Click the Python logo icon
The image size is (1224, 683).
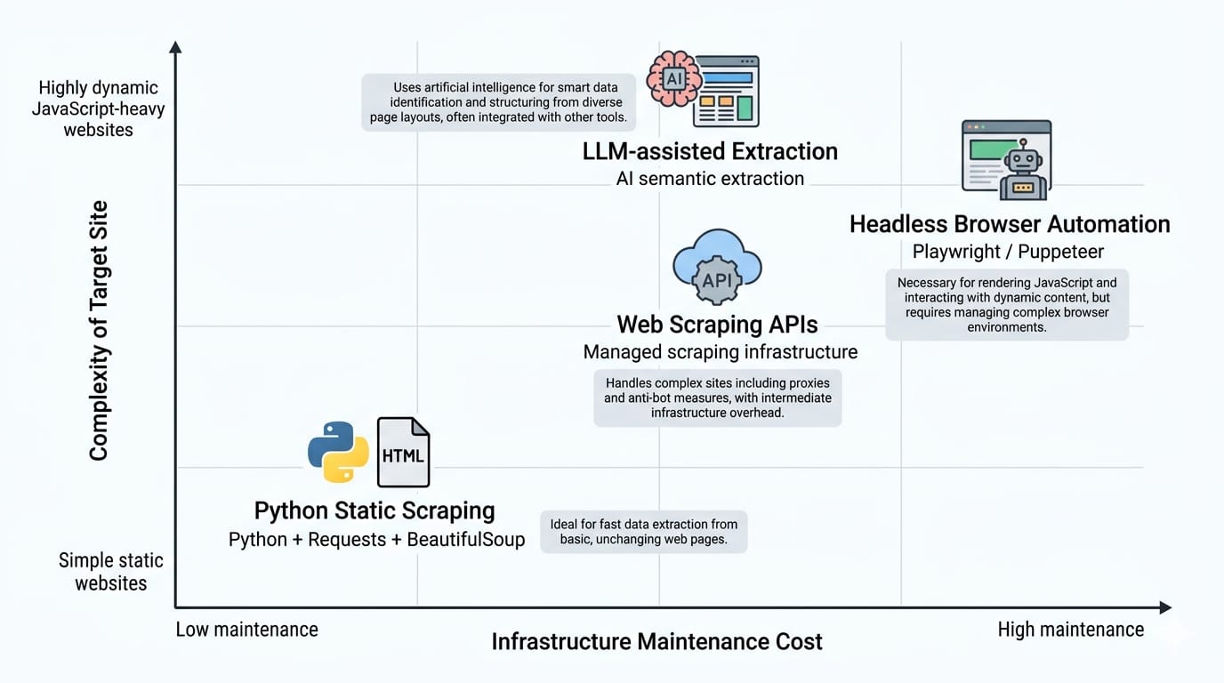tap(338, 452)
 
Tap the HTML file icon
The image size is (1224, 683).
tap(403, 452)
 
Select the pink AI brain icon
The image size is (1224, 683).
tap(673, 78)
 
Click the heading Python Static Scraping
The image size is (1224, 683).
tap(374, 511)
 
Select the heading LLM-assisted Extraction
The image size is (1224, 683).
tap(710, 151)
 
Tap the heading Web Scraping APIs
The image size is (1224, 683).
tap(717, 324)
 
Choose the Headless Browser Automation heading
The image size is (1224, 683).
tap(1010, 224)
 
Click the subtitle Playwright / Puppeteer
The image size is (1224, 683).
tap(1008, 252)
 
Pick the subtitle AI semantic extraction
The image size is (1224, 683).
tap(710, 179)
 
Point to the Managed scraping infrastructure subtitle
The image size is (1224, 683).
tap(721, 352)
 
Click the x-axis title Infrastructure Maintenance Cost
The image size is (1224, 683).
tap(656, 641)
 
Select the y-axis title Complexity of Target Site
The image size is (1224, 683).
tap(99, 331)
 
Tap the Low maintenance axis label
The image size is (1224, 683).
tap(246, 630)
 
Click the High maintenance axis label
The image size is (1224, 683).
tap(1070, 630)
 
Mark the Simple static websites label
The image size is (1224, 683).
tap(111, 572)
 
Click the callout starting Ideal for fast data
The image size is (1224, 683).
tap(643, 532)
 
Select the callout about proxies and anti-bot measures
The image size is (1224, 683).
tap(717, 398)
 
